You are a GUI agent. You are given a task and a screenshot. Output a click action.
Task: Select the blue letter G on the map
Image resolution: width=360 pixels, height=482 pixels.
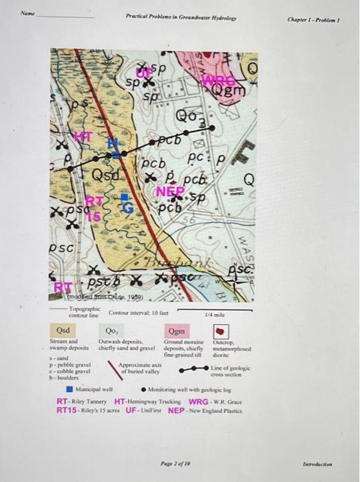[x=125, y=204]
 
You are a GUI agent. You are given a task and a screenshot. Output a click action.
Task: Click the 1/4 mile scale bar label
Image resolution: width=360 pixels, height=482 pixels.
[x=210, y=313]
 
